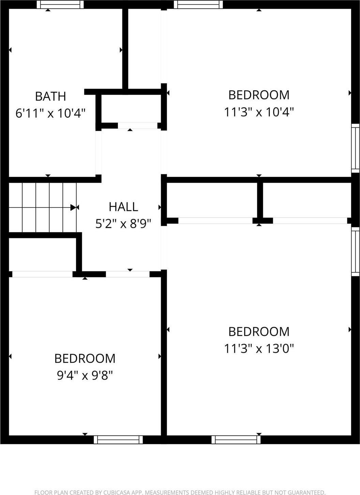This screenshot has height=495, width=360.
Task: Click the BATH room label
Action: [50, 96]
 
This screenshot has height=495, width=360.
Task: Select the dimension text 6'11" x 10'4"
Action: [50, 113]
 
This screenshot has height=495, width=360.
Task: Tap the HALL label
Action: [123, 207]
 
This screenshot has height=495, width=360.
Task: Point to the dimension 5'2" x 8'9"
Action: [123, 223]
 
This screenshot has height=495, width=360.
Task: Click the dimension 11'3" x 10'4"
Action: [259, 112]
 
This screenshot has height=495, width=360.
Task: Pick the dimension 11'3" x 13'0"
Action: [259, 349]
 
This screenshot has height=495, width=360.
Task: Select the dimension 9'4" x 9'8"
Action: [85, 375]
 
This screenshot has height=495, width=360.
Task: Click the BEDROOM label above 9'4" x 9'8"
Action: [85, 358]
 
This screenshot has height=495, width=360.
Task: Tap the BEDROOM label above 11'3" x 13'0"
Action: [259, 331]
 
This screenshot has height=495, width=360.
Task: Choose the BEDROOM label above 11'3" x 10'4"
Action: [259, 95]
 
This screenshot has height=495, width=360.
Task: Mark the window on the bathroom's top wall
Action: [60, 4]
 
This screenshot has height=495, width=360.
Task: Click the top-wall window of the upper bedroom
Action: [198, 4]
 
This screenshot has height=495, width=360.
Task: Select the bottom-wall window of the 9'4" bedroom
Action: [118, 439]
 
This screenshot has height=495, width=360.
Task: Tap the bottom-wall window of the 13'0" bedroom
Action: [236, 439]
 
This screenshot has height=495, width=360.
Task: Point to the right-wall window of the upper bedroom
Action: [355, 148]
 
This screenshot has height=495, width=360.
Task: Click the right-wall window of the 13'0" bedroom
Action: [355, 251]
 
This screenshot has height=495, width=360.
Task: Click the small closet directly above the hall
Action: [131, 108]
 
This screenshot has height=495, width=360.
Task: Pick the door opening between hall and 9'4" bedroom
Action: [127, 274]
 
